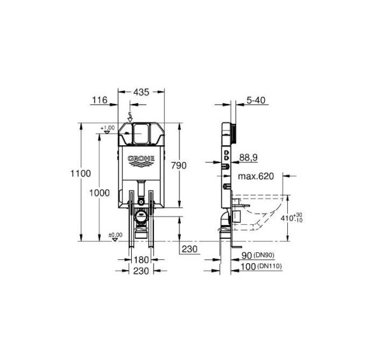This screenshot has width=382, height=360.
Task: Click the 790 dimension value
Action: point(179,166)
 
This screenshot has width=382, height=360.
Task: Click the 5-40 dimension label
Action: point(256,100)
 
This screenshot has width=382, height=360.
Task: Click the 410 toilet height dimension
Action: point(291,218)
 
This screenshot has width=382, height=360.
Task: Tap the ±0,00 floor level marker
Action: point(115,235)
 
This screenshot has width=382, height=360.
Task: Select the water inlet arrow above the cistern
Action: point(131,117)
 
